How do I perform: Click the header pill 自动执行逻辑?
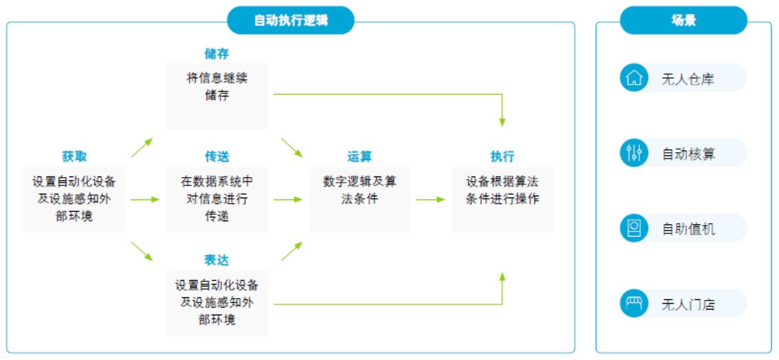[291, 20]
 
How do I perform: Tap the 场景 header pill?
[683, 20]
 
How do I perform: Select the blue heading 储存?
[217, 54]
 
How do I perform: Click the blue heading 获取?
[74, 157]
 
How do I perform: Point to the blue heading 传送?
[217, 157]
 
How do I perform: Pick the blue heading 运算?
[359, 157]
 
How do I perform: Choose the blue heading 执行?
[502, 157]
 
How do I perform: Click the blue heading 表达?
[217, 260]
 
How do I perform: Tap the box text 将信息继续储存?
[217, 87]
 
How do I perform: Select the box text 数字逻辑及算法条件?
[359, 190]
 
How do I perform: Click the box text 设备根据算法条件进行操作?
[502, 190]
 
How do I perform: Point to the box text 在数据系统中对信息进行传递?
[217, 199]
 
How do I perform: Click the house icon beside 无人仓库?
[634, 78]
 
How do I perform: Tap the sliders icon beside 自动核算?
[634, 153]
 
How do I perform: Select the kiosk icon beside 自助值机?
[634, 228]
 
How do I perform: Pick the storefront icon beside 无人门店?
[634, 303]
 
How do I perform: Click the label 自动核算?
[688, 154]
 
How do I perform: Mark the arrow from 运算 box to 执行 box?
[431, 200]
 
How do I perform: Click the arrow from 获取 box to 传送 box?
[145, 200]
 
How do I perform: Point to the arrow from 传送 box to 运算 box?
[288, 200]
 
